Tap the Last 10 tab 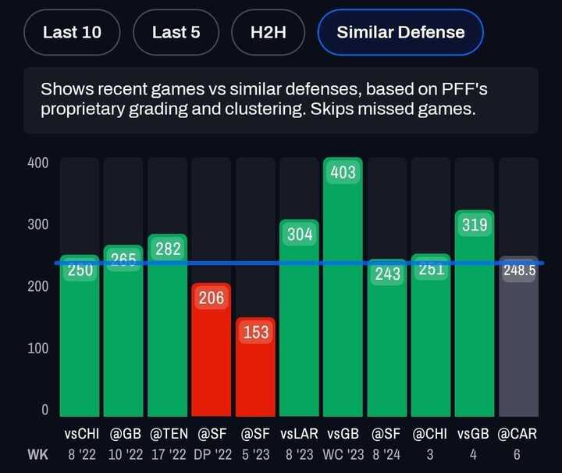[72, 33]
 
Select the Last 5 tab [176, 33]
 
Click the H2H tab [269, 33]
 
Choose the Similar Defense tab [400, 33]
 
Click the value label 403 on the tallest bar [343, 173]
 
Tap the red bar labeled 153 [255, 367]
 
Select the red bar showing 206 [212, 352]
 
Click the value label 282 [168, 249]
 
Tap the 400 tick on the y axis [38, 163]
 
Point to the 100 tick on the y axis [38, 348]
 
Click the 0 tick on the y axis [44, 410]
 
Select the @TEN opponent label [168, 433]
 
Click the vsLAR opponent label [299, 433]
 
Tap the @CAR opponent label [519, 433]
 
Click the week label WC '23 [343, 454]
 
